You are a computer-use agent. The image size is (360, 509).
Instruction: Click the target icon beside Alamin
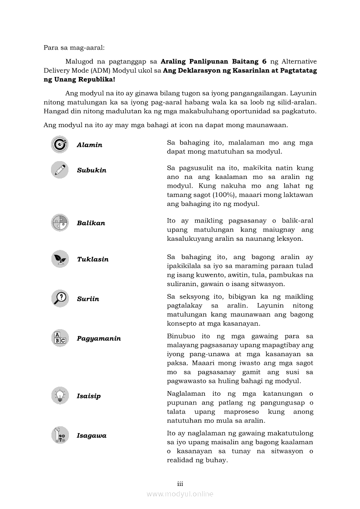click(x=59, y=145)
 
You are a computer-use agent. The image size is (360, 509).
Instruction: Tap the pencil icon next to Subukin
click(x=59, y=170)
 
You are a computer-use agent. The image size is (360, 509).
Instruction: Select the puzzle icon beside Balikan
click(x=59, y=223)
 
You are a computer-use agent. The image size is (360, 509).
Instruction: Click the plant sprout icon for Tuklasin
click(x=59, y=259)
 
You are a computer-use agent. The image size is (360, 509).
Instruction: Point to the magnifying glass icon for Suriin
click(x=59, y=299)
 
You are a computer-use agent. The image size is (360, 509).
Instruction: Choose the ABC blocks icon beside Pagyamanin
click(x=59, y=338)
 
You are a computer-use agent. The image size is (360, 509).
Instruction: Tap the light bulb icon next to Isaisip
click(x=59, y=396)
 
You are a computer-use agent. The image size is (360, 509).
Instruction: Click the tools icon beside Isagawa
click(x=59, y=435)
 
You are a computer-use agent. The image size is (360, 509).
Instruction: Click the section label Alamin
click(x=89, y=145)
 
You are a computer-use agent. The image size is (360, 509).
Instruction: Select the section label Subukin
click(x=92, y=170)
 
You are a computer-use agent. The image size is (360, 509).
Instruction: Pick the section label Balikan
click(x=91, y=223)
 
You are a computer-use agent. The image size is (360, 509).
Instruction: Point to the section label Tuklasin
click(x=92, y=259)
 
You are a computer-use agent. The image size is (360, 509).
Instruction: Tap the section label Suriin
click(x=88, y=299)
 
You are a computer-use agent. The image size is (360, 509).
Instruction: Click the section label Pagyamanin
click(x=98, y=338)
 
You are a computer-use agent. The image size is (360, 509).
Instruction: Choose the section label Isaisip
click(x=88, y=396)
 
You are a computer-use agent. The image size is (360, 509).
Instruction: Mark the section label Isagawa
click(x=92, y=435)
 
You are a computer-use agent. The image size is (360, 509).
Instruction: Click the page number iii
click(x=180, y=484)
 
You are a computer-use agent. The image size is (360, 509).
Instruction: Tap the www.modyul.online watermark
click(x=180, y=494)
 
